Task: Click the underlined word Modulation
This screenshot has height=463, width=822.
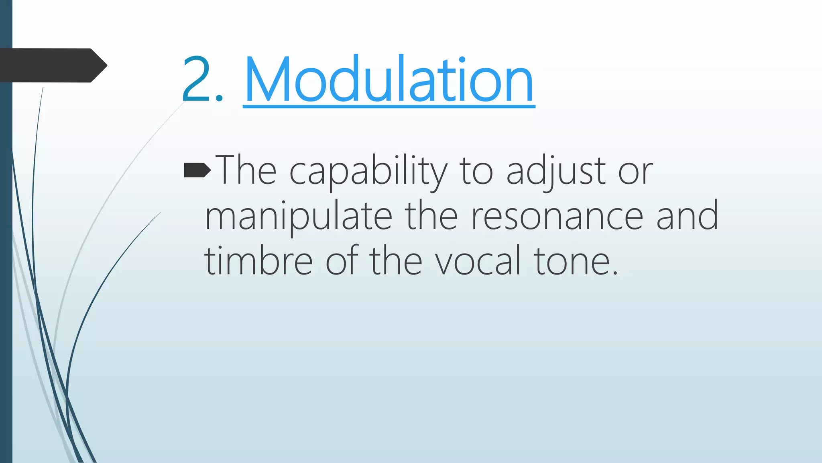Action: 389,80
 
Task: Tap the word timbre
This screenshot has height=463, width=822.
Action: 258,261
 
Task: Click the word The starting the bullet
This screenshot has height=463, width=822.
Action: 246,171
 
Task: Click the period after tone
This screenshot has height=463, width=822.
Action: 615,273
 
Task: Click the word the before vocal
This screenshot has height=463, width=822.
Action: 396,261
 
